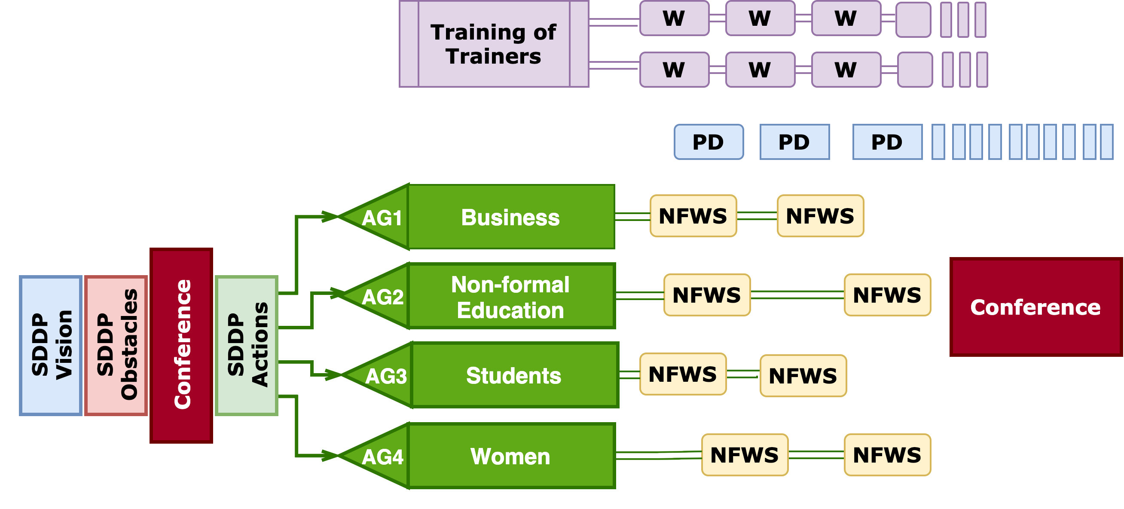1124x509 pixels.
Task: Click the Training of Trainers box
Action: click(494, 44)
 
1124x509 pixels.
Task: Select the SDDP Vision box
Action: click(51, 345)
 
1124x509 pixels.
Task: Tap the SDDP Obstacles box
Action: click(116, 345)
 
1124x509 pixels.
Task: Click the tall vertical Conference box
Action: click(181, 345)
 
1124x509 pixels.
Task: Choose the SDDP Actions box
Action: click(247, 345)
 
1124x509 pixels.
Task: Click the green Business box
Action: click(511, 217)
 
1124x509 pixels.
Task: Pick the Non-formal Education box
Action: click(511, 296)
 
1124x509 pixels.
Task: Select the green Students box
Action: click(514, 375)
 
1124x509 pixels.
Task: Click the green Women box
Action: click(511, 456)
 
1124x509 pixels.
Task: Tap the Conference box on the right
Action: click(1035, 307)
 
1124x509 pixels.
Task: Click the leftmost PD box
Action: click(708, 142)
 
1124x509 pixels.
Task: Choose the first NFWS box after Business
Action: click(693, 216)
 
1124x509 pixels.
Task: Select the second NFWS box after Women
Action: click(887, 455)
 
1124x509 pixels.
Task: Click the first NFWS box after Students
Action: click(683, 374)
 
